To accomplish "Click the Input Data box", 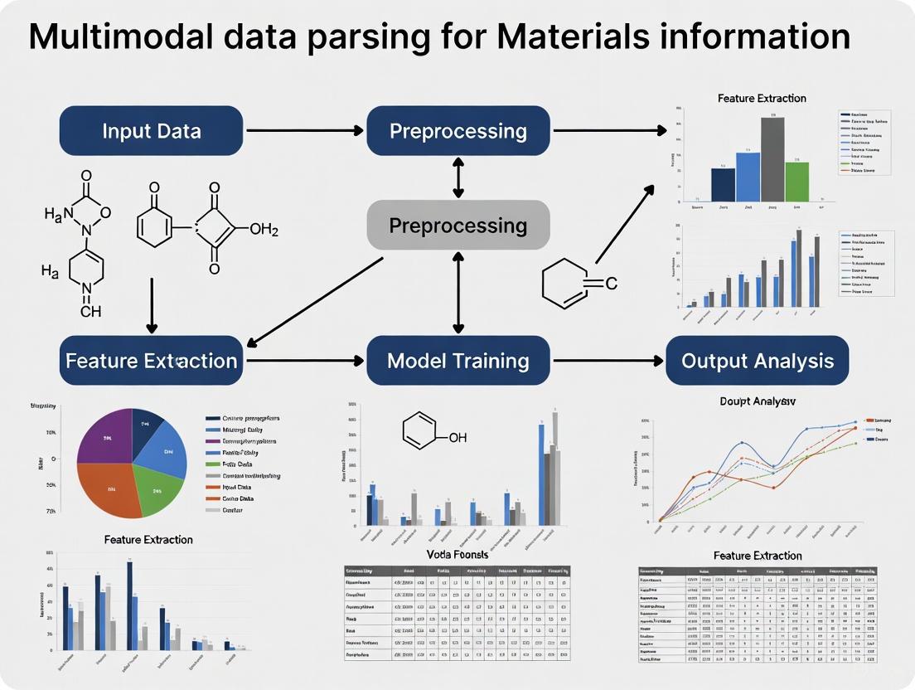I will click(151, 131).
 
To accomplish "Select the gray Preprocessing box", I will click(458, 225).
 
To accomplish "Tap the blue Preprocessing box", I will click(458, 131).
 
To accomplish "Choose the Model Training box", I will click(458, 361).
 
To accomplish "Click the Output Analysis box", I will click(758, 361).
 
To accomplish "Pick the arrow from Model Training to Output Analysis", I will click(608, 361).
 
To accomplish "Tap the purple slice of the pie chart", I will click(104, 435).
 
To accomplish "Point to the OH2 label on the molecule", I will click(264, 230).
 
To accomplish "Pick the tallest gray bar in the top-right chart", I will click(772, 159).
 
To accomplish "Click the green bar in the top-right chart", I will click(796, 182).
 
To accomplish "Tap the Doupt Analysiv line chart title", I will click(758, 401).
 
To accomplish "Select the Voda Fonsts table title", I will click(457, 554).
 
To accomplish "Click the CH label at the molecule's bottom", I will click(91, 312).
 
